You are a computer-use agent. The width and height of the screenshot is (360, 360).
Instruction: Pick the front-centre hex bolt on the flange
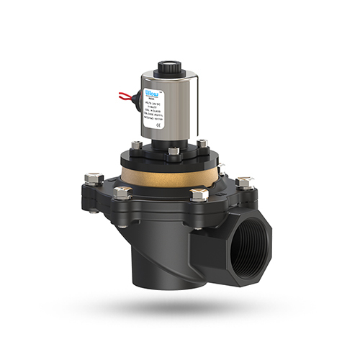(199, 195)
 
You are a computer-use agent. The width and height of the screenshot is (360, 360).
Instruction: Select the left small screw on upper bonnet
(136, 147)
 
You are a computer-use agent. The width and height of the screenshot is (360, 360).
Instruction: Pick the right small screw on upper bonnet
(203, 145)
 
